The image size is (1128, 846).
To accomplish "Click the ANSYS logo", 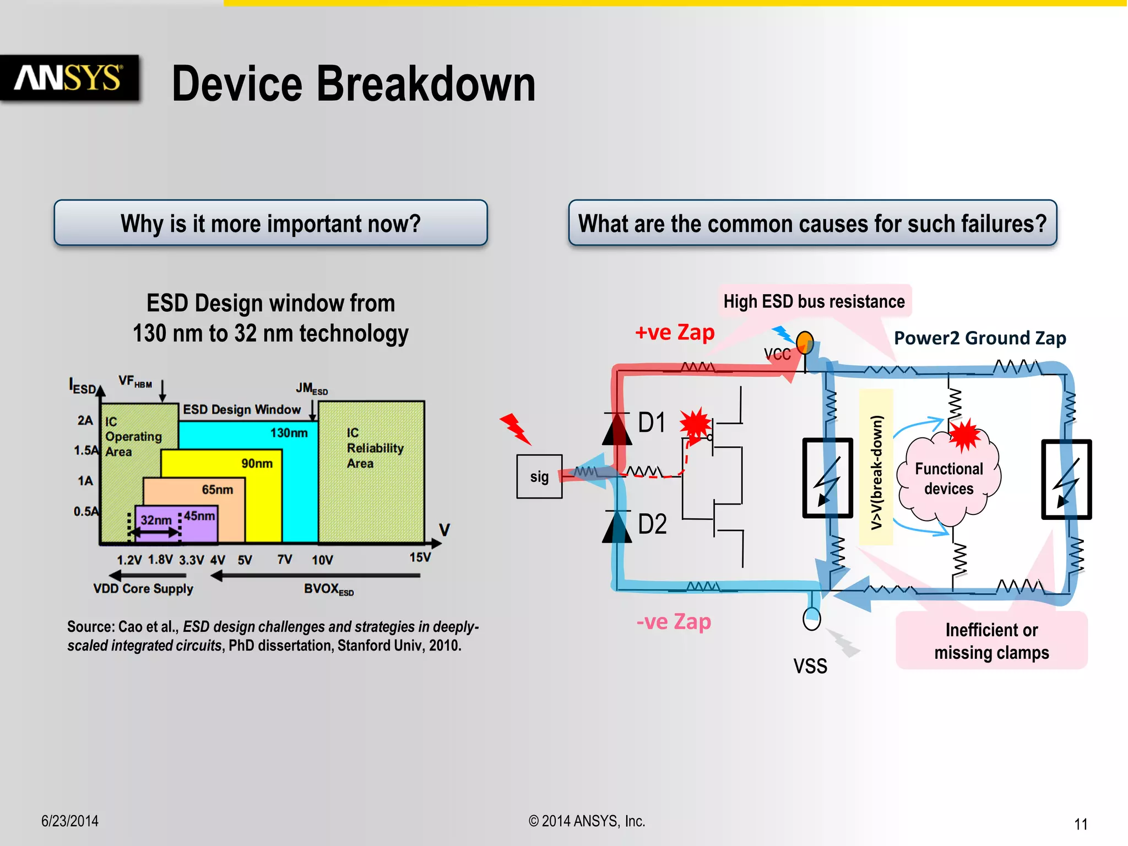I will click(69, 78).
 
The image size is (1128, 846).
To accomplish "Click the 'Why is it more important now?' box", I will click(270, 223).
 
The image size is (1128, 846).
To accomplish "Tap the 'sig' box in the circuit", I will click(539, 476).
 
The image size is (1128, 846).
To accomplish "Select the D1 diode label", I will click(652, 423).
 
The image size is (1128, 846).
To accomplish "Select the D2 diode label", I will click(652, 524).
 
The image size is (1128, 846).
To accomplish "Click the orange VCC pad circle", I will click(805, 343).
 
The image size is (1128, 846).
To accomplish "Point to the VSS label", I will click(810, 666).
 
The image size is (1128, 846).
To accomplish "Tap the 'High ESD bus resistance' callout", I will click(814, 301).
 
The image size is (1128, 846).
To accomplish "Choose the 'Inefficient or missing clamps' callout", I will click(991, 641).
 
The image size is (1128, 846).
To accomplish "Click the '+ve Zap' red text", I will click(675, 332).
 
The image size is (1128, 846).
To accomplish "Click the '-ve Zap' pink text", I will click(674, 621).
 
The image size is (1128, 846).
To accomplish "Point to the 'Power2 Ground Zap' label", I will click(979, 338).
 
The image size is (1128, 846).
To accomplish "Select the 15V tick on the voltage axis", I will click(420, 557).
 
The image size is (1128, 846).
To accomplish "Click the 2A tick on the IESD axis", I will click(85, 420).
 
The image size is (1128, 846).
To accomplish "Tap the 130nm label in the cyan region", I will click(289, 433).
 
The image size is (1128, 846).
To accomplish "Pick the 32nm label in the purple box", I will click(156, 520).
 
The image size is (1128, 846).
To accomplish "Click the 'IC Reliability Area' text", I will click(375, 448).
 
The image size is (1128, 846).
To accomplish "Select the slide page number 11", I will click(1081, 824).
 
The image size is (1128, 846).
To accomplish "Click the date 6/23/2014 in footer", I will click(70, 821).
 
